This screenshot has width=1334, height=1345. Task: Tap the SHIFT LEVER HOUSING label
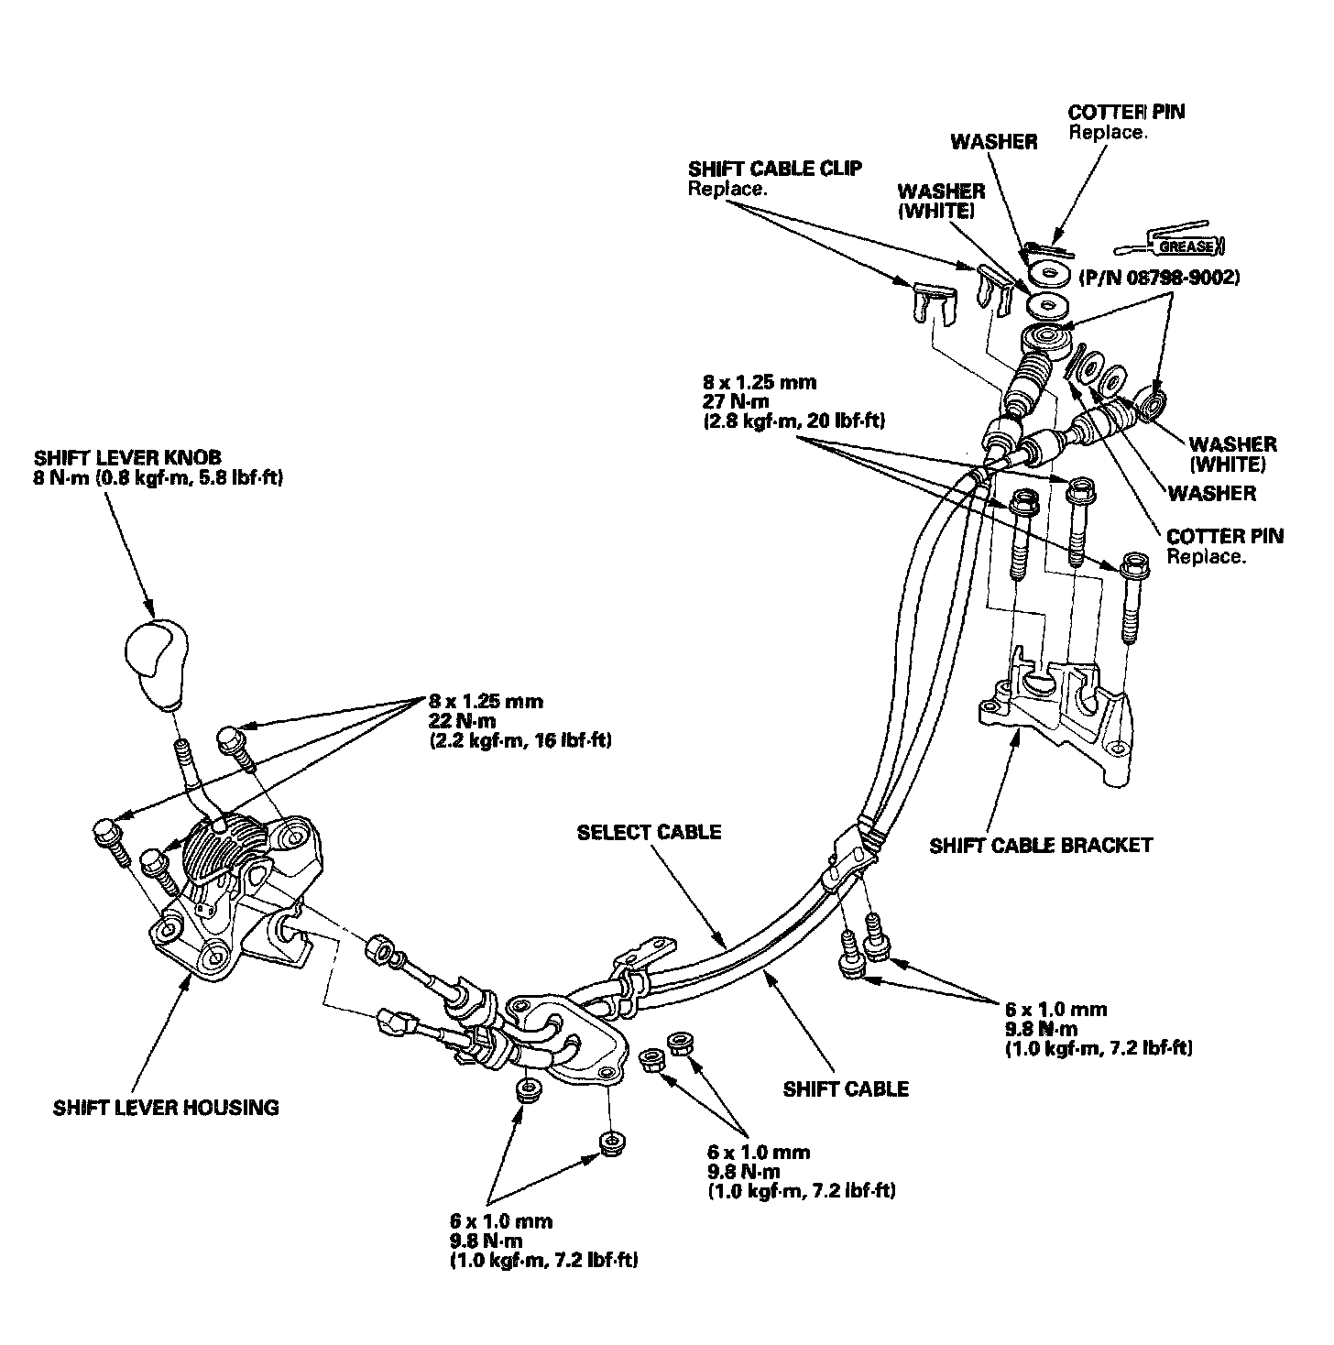[166, 1107]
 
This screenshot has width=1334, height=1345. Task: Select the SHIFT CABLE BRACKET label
[1041, 845]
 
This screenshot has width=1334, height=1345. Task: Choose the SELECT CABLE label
[650, 832]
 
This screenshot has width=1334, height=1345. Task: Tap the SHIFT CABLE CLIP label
[775, 169]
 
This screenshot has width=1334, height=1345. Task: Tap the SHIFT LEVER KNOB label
[127, 456]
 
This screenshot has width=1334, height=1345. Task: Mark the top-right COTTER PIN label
[1126, 112]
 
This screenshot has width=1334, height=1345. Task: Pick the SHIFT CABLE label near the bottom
[847, 1088]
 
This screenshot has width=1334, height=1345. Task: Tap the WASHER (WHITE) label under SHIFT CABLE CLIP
[941, 201]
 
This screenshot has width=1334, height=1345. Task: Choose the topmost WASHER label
[994, 141]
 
